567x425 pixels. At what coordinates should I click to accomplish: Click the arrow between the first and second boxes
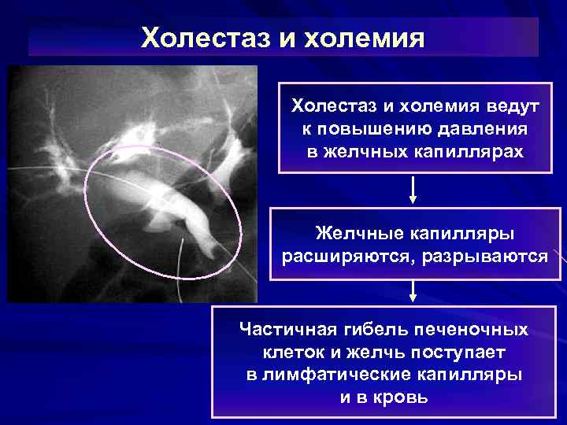point(413,190)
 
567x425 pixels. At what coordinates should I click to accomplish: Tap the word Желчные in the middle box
point(359,234)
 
